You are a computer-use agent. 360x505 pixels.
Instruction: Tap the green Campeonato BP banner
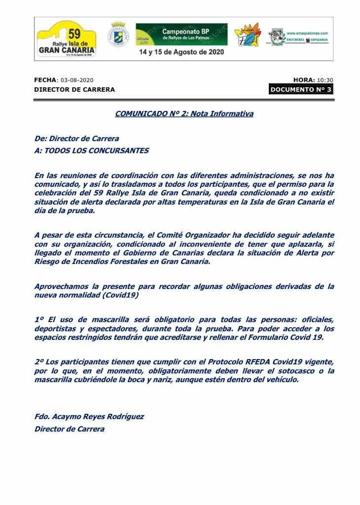[x=181, y=33]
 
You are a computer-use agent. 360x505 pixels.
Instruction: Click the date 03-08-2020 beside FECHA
[x=76, y=80]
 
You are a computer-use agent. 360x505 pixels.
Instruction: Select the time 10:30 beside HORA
[x=325, y=80]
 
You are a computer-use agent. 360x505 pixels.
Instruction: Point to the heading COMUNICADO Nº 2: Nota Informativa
[x=184, y=114]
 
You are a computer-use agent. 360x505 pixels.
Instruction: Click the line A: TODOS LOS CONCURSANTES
[x=92, y=151]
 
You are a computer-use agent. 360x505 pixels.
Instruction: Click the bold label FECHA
[x=45, y=80]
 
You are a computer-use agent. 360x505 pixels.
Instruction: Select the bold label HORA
[x=304, y=80]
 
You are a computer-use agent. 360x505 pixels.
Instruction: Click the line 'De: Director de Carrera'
[x=76, y=139]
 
